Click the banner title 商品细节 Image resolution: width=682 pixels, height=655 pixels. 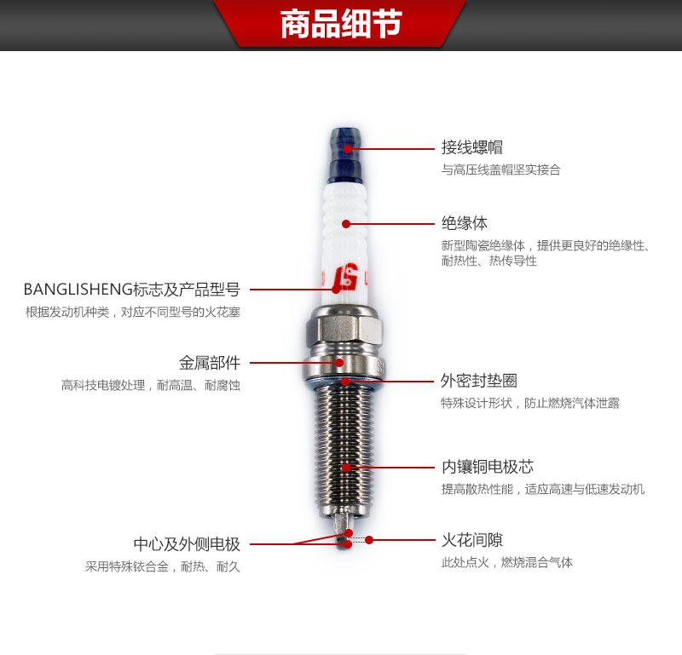coord(341,24)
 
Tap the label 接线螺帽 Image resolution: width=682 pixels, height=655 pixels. coord(472,147)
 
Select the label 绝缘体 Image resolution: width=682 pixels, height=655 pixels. coord(465,223)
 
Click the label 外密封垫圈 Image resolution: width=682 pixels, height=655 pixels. coord(479,380)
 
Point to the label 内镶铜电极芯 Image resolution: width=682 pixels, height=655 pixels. coord(488,467)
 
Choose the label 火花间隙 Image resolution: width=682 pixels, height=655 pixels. coord(472,540)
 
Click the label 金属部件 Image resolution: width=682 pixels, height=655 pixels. coord(210,363)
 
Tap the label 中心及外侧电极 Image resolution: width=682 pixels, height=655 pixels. coord(187,543)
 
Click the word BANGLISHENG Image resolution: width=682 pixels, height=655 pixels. coord(78,290)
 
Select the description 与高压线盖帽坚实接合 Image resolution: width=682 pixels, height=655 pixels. coord(501,169)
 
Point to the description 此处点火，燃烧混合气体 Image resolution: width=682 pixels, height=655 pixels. coord(506,562)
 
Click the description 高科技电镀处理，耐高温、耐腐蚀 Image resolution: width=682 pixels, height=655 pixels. coord(151,385)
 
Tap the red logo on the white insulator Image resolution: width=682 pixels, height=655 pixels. coord(345,277)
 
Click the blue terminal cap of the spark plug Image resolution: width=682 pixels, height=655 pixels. coord(345,155)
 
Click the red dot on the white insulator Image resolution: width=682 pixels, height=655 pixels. coord(346,224)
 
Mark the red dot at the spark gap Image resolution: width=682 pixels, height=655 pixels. coord(369,540)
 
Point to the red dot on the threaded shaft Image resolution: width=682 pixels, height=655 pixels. coord(346,468)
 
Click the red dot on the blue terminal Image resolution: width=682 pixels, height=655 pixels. coord(348,149)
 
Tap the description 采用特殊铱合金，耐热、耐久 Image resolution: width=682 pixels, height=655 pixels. coord(163,566)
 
